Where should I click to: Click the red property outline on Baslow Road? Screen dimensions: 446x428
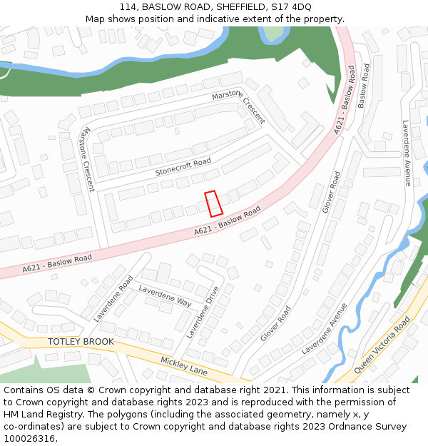(x=214, y=203)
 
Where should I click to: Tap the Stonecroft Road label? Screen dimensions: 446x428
(x=183, y=168)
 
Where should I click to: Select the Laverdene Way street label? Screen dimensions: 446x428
(x=165, y=296)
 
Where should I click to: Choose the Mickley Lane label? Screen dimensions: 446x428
(x=183, y=366)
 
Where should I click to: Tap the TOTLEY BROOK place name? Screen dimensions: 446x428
(x=81, y=342)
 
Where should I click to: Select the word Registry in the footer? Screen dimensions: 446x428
(x=68, y=415)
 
